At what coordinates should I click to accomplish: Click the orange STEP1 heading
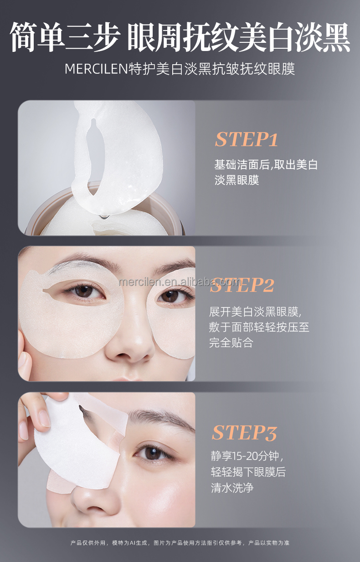[x=246, y=139]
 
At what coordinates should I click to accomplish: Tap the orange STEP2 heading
[x=242, y=286]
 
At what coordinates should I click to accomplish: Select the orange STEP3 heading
[x=244, y=433]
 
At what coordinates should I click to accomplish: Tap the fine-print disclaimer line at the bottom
[x=180, y=543]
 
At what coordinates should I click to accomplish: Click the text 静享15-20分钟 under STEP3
[x=250, y=456]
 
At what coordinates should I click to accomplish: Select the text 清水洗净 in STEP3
[x=232, y=488]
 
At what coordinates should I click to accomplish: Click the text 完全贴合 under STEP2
[x=231, y=342]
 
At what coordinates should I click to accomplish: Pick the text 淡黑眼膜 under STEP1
[x=237, y=179]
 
